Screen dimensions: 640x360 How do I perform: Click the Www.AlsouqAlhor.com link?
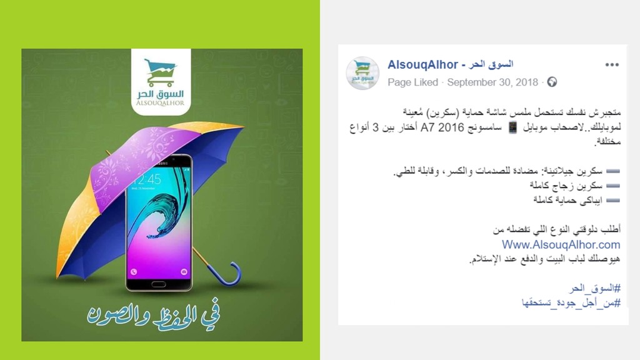coord(561,244)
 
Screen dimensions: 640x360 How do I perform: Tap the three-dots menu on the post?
coord(612,65)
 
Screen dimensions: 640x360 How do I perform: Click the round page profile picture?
coord(362,73)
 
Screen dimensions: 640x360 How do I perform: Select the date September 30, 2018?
coord(492,82)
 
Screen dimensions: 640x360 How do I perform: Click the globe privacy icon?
coord(552,82)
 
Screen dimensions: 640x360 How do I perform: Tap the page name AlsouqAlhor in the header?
coord(423,64)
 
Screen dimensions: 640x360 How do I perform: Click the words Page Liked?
coord(412,82)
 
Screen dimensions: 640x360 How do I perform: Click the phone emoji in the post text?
coord(512,127)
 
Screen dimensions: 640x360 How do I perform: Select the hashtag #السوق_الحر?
coord(595,289)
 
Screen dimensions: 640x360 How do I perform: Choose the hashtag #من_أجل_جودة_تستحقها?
coord(571,303)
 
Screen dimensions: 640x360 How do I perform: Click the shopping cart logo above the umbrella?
coord(161,72)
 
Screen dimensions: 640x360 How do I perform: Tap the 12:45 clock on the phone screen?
coord(146,179)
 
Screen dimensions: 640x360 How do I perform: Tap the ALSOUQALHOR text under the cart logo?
coord(161,103)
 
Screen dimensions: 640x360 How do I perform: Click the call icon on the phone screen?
coord(134,271)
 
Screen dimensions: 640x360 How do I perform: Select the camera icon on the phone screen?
coord(184,271)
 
